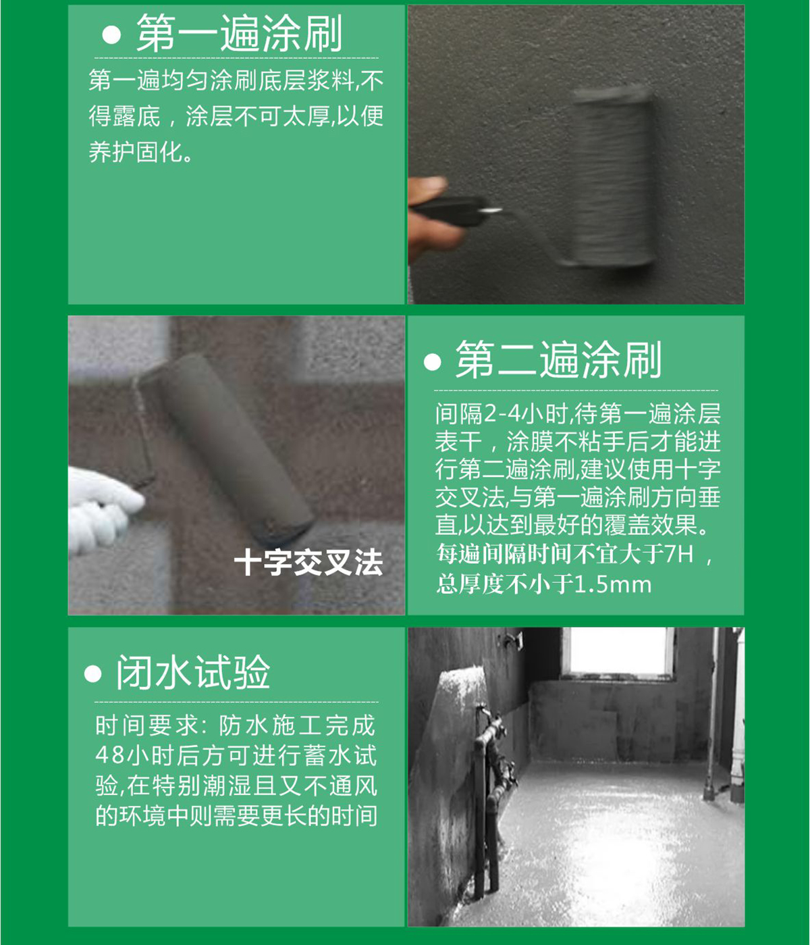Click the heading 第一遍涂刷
click(x=239, y=33)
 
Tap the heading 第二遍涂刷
click(x=558, y=360)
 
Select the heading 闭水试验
click(x=193, y=671)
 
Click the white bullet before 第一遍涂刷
click(x=111, y=35)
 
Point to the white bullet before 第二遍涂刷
click(x=432, y=361)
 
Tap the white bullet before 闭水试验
click(x=92, y=674)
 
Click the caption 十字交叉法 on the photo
click(x=308, y=562)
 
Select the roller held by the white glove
click(x=224, y=448)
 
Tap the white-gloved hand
click(x=103, y=507)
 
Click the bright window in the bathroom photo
click(x=618, y=651)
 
